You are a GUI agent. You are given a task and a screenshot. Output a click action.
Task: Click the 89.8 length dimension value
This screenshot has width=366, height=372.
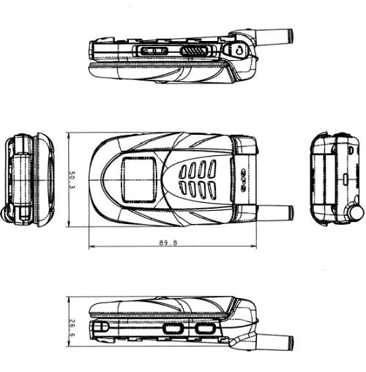pyautogui.click(x=168, y=242)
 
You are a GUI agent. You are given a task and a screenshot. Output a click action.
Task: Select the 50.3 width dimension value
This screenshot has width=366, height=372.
pyautogui.click(x=72, y=180)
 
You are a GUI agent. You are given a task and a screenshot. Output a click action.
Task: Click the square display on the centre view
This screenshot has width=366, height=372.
pyautogui.click(x=138, y=179)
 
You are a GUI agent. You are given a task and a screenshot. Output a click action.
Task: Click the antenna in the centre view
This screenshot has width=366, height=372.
pyautogui.click(x=275, y=212)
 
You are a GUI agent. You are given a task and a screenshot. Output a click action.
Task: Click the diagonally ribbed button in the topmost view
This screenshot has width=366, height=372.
pyautogui.click(x=195, y=51)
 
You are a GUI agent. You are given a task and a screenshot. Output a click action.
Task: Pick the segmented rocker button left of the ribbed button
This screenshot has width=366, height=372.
pyautogui.click(x=153, y=51)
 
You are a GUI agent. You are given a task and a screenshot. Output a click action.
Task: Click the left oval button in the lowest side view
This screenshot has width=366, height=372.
pyautogui.click(x=173, y=329)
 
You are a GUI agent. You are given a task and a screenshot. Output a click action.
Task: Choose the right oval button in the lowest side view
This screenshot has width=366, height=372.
pyautogui.click(x=204, y=329)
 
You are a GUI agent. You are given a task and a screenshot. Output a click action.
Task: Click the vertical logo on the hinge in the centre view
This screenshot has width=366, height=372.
pyautogui.click(x=243, y=179)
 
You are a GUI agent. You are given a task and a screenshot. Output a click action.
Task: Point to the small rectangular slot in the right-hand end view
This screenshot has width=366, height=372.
pyautogui.click(x=346, y=179)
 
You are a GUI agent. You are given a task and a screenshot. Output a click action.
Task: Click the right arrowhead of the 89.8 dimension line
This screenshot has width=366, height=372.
pyautogui.click(x=254, y=247)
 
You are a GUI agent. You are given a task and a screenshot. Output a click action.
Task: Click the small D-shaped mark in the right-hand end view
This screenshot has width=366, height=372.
pyautogui.click(x=351, y=150)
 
